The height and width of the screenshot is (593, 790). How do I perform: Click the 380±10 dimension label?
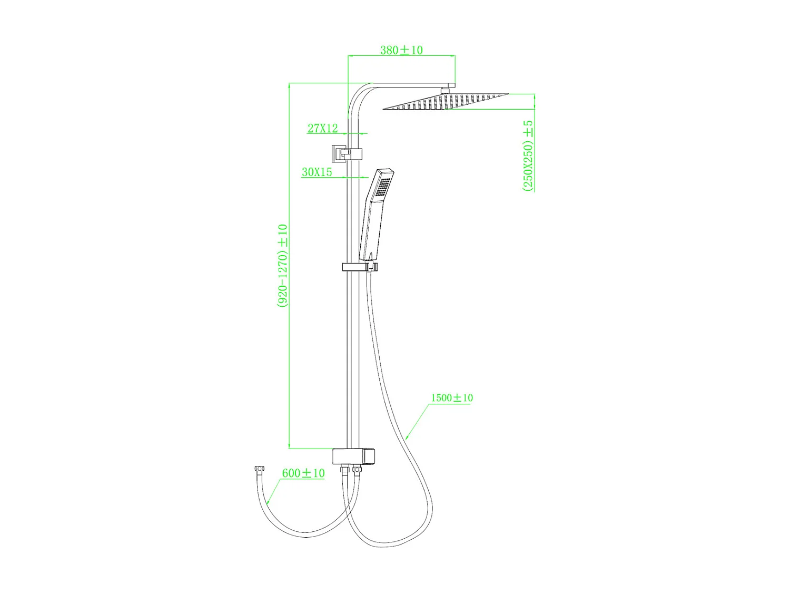pyautogui.click(x=401, y=50)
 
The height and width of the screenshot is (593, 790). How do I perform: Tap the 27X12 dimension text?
pyautogui.click(x=322, y=128)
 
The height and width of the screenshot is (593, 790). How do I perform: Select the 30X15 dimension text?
pyautogui.click(x=317, y=172)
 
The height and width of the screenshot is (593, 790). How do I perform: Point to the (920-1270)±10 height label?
pyautogui.click(x=283, y=266)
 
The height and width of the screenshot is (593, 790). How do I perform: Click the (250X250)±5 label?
pyautogui.click(x=528, y=156)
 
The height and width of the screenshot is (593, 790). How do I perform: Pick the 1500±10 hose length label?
pyautogui.click(x=452, y=398)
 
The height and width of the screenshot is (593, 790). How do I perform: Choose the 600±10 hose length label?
pyautogui.click(x=303, y=473)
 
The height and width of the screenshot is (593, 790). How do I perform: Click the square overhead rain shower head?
pyautogui.click(x=446, y=102)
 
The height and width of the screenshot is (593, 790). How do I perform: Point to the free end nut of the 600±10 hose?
pyautogui.click(x=259, y=469)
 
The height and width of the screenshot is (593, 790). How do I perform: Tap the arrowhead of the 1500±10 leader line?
pyautogui.click(x=407, y=438)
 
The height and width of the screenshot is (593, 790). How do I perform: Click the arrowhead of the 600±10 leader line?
pyautogui.click(x=268, y=503)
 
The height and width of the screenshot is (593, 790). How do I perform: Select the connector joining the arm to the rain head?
pyautogui.click(x=446, y=90)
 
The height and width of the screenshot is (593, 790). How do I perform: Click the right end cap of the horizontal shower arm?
pyautogui.click(x=452, y=85)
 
